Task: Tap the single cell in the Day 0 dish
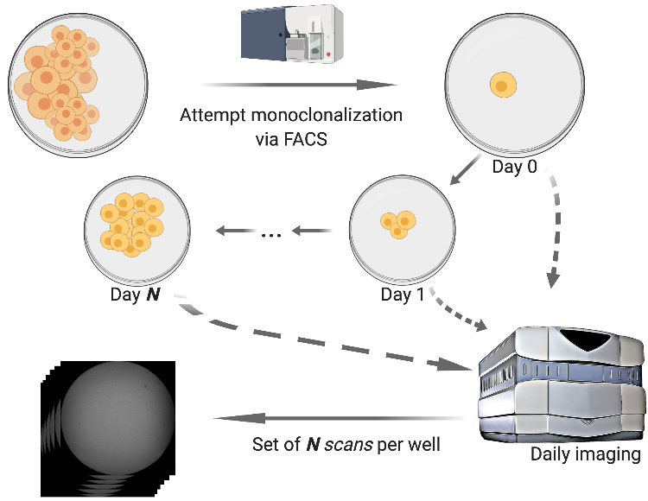(502, 86)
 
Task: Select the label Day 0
(513, 167)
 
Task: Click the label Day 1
(403, 296)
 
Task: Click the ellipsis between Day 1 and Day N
(272, 233)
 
